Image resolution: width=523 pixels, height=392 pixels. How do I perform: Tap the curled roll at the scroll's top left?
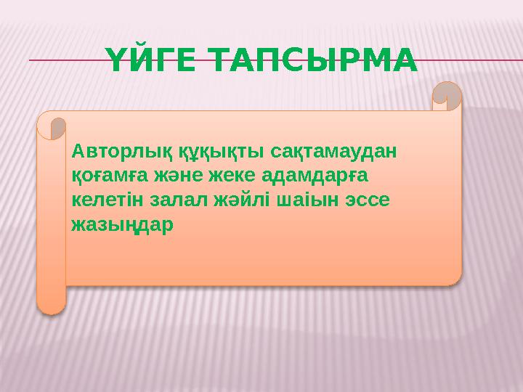[x=52, y=126]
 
